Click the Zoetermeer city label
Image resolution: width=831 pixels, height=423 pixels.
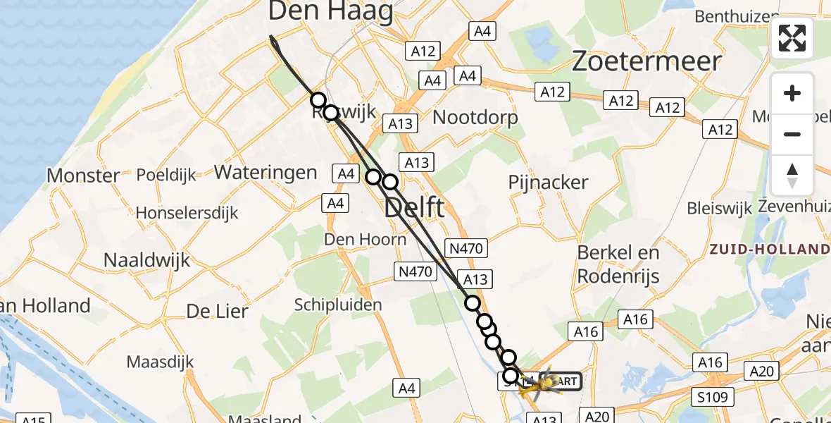pyautogui.click(x=646, y=61)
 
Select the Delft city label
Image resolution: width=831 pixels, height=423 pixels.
pyautogui.click(x=415, y=208)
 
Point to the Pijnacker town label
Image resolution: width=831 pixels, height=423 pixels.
pyautogui.click(x=548, y=183)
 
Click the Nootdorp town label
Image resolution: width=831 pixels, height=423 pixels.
pyautogui.click(x=475, y=116)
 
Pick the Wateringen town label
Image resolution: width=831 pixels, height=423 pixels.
pyautogui.click(x=265, y=171)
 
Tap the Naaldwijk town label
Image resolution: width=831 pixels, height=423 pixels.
pyautogui.click(x=146, y=259)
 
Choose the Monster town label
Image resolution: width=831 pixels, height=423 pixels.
pyautogui.click(x=83, y=175)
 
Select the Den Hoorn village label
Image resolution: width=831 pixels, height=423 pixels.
pyautogui.click(x=365, y=240)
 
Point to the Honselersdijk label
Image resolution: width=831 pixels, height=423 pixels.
pyautogui.click(x=187, y=212)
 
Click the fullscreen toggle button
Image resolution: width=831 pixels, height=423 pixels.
pyautogui.click(x=792, y=38)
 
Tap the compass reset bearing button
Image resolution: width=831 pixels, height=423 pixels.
pyautogui.click(x=792, y=175)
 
